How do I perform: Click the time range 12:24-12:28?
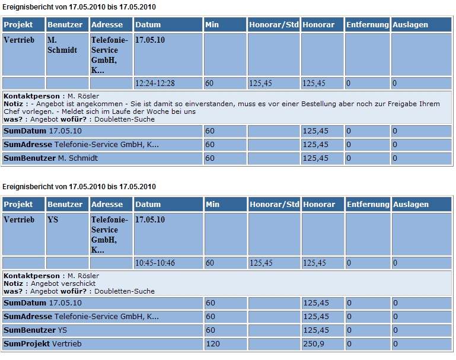coord(155,84)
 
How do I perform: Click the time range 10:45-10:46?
coord(155,263)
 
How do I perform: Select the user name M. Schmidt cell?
coord(62,45)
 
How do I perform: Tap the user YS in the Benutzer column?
coord(53,219)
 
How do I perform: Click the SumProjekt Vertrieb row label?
coord(43,344)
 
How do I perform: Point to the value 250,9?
coord(314,344)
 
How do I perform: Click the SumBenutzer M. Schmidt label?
coord(50,158)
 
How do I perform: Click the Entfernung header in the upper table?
coord(368,25)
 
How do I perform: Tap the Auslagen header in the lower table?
coord(410,205)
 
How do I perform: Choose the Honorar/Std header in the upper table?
coord(273,25)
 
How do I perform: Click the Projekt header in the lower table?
coord(18,205)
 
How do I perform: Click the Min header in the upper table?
coord(212,25)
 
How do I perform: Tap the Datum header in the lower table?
coord(148,205)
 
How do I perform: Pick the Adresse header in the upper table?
coord(107,25)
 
